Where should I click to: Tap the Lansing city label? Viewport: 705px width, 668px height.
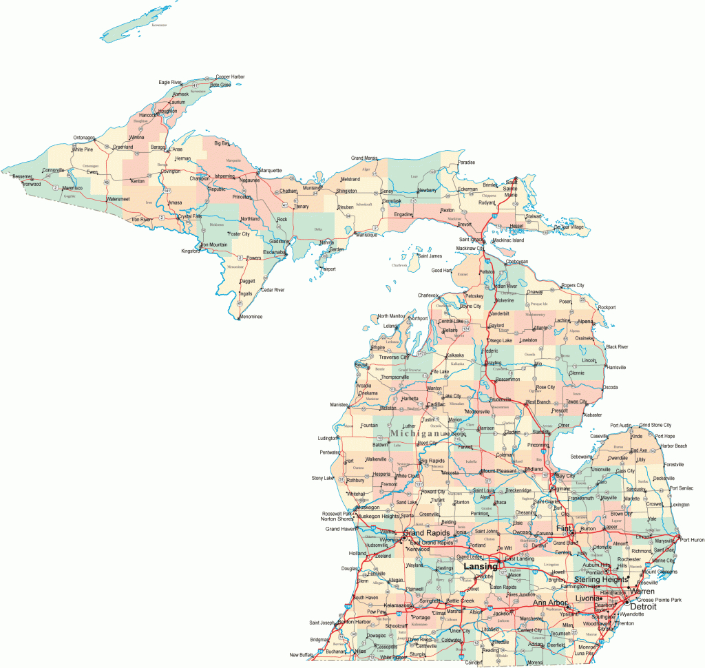coord(480,566)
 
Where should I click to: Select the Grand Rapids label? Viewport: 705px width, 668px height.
coord(427,533)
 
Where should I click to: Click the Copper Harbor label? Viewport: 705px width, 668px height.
coord(230,76)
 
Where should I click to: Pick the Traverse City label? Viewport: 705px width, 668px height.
coord(394,357)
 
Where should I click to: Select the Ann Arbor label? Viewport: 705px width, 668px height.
coord(550,603)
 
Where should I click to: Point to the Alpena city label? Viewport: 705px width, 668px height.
coord(585,321)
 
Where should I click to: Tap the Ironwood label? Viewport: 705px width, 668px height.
coord(31,184)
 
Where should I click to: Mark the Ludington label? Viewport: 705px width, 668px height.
coord(327,438)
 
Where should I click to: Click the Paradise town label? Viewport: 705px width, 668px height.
coord(467,163)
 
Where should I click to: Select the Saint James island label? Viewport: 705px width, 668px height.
coord(430,256)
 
